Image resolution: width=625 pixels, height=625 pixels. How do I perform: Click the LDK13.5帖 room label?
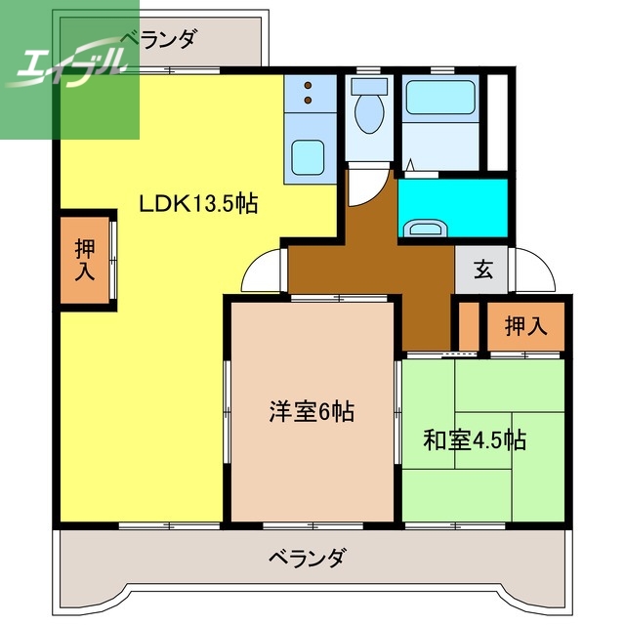coord(198,205)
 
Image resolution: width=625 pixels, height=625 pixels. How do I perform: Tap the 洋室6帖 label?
coord(312,412)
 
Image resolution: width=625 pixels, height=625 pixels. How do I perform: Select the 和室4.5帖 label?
coord(475,440)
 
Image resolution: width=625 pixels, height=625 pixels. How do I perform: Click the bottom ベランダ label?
coord(307,560)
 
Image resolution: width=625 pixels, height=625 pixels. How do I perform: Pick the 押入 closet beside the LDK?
coord(84,260)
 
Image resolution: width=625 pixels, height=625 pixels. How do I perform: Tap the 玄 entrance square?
coord(481,271)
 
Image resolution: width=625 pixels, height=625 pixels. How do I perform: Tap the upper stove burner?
coord(308,85)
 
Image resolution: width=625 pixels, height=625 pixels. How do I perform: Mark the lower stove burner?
coord(308,100)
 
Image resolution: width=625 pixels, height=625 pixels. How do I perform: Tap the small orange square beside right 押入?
coord(468,328)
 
